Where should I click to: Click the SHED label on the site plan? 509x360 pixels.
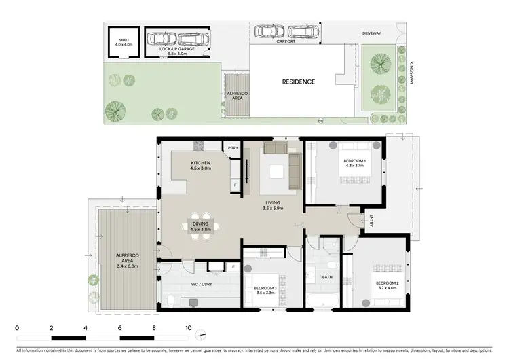[x=124, y=40]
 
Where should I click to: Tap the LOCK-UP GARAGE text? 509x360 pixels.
[x=174, y=49]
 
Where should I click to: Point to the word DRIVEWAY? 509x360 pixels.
[x=373, y=32]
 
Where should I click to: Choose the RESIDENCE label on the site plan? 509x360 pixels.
[x=299, y=82]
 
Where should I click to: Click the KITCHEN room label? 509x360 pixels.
[x=200, y=163]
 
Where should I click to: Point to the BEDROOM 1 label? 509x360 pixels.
[x=355, y=161]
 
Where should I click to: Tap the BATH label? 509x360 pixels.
[x=326, y=277]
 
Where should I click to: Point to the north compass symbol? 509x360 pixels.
[x=201, y=334]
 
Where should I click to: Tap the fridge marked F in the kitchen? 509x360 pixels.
[x=235, y=184]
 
